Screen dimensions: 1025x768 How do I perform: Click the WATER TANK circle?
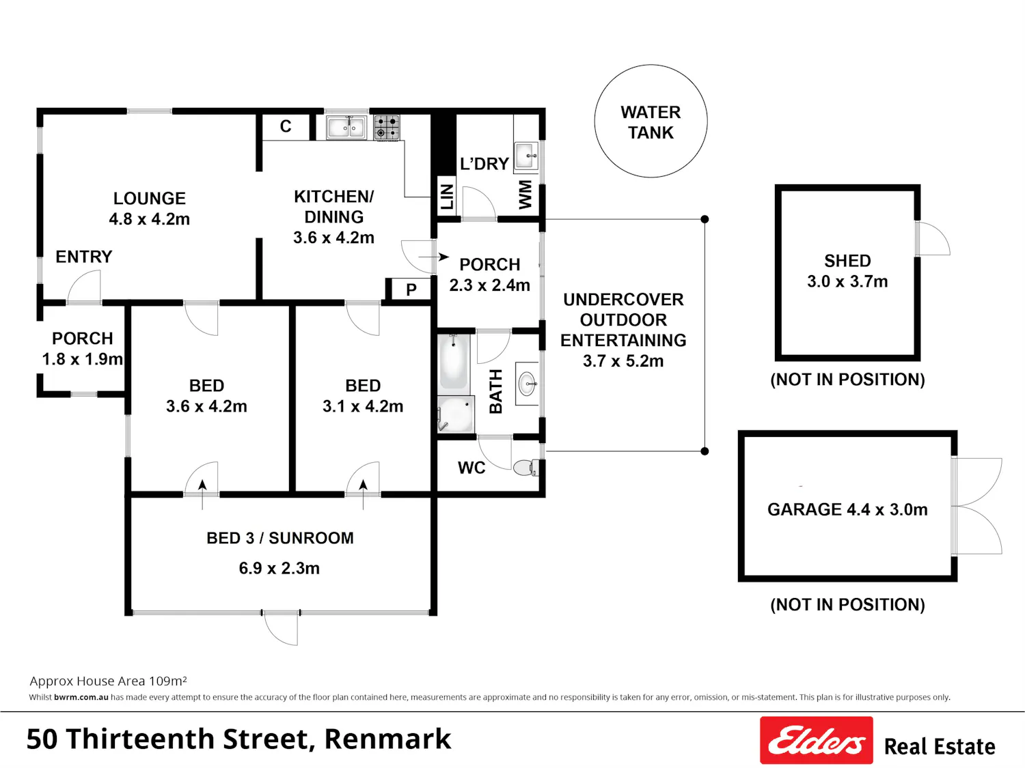(x=651, y=66)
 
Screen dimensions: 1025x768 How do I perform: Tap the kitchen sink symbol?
(x=346, y=127)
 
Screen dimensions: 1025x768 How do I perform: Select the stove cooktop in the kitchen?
(x=387, y=127)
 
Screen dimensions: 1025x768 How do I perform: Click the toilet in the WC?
(x=525, y=467)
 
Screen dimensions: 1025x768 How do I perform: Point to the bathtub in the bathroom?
(x=454, y=361)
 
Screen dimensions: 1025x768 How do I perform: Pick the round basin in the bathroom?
(x=528, y=383)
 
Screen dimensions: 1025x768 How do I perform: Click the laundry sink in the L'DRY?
(x=526, y=155)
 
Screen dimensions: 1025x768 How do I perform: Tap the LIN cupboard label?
(x=446, y=197)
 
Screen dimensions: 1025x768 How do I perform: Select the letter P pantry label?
(x=411, y=290)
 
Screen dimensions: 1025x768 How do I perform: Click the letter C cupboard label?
(x=286, y=126)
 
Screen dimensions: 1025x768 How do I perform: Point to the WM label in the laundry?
(x=525, y=195)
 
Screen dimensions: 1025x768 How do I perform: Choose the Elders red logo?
(x=817, y=740)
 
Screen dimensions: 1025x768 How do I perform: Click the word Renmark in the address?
(x=387, y=739)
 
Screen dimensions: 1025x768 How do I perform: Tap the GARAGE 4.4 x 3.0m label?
(x=847, y=509)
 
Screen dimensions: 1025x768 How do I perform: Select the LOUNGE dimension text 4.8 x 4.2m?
(x=150, y=218)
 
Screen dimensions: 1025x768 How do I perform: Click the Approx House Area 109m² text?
(x=108, y=681)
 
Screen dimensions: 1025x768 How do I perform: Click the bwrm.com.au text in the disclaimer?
(x=81, y=697)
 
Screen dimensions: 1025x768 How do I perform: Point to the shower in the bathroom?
(x=456, y=414)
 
